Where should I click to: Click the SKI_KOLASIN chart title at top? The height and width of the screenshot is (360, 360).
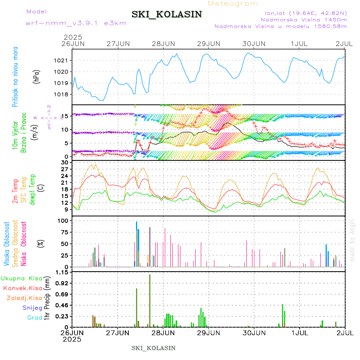click(x=167, y=14)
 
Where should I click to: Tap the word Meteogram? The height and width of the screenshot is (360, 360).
click(x=233, y=4)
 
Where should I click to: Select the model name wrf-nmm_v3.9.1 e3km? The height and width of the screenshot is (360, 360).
click(x=76, y=23)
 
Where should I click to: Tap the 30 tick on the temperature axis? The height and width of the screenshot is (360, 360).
click(x=64, y=162)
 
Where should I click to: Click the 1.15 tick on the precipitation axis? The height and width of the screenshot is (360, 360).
click(x=62, y=272)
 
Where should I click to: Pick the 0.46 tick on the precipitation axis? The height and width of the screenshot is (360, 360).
click(x=62, y=305)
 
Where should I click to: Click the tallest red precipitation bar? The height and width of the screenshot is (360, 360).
click(x=150, y=300)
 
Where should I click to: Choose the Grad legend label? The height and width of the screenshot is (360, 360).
click(x=34, y=318)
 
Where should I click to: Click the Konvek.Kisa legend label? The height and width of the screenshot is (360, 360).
click(x=22, y=288)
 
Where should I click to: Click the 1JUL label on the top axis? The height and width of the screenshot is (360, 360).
click(x=300, y=43)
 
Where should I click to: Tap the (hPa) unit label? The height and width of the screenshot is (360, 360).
click(x=36, y=76)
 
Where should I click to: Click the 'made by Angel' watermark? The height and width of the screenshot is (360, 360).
click(x=352, y=240)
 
